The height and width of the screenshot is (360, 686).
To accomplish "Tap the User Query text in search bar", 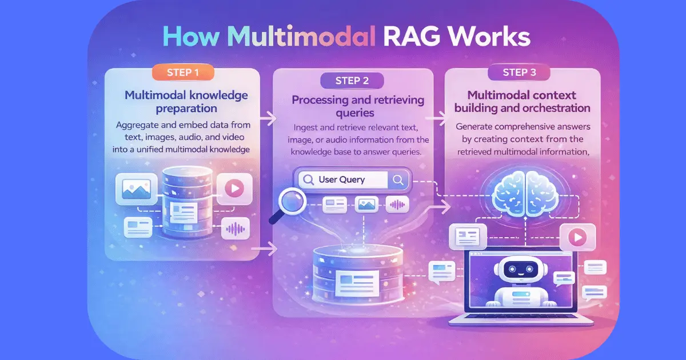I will [341, 179].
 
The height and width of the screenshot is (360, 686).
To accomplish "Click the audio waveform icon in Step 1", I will [236, 229].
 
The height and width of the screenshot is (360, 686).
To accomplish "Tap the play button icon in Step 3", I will [577, 236].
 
